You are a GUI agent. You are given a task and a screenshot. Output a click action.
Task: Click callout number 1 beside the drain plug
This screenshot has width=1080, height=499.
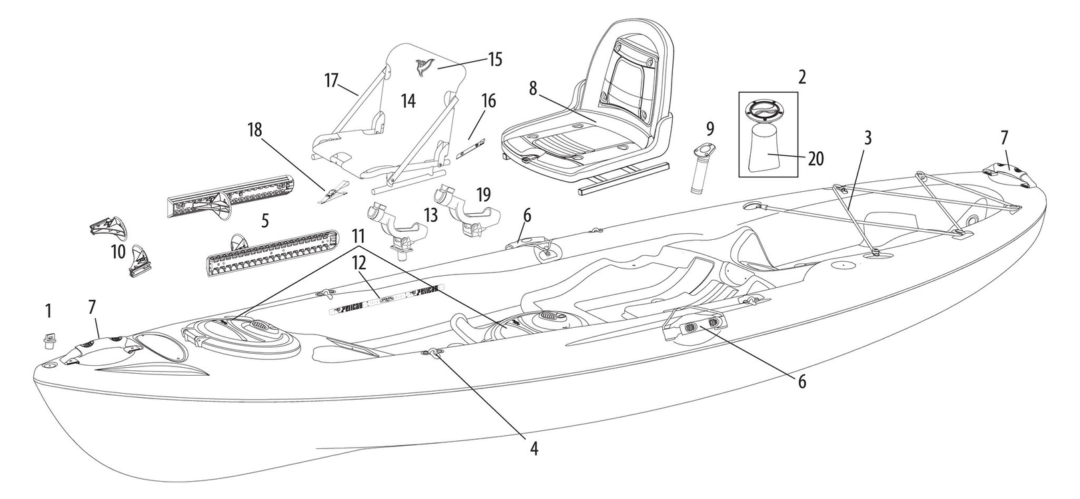coord(47,310)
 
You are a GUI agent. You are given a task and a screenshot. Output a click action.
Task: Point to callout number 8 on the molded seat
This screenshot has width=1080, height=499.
coord(534,89)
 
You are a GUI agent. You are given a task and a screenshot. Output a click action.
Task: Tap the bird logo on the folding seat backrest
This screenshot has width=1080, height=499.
coord(422,65)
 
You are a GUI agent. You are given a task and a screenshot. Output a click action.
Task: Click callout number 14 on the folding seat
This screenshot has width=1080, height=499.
coord(408,101)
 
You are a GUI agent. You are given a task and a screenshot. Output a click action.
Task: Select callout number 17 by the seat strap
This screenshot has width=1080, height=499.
coord(332,81)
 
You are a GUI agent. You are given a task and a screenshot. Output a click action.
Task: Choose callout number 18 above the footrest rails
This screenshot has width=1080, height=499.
coord(255,129)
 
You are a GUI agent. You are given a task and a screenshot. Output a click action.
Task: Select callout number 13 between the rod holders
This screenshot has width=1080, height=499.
coord(430,215)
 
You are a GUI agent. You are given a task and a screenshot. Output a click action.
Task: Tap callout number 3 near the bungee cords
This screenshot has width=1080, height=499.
coord(867,139)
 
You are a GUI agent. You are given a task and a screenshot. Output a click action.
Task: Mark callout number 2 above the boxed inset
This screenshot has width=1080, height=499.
coord(802,77)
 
